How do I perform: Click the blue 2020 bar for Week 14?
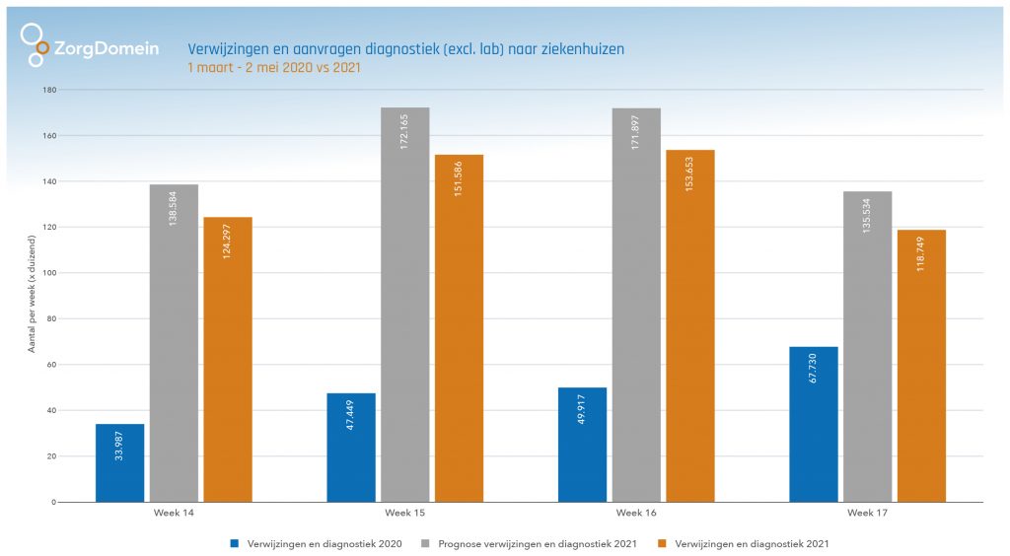click(x=119, y=463)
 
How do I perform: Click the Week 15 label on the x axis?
click(x=404, y=514)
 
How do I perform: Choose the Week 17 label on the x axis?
click(x=867, y=514)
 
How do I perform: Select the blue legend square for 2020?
click(x=234, y=543)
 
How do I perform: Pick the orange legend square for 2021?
click(x=662, y=543)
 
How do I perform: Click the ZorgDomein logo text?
click(x=106, y=48)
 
